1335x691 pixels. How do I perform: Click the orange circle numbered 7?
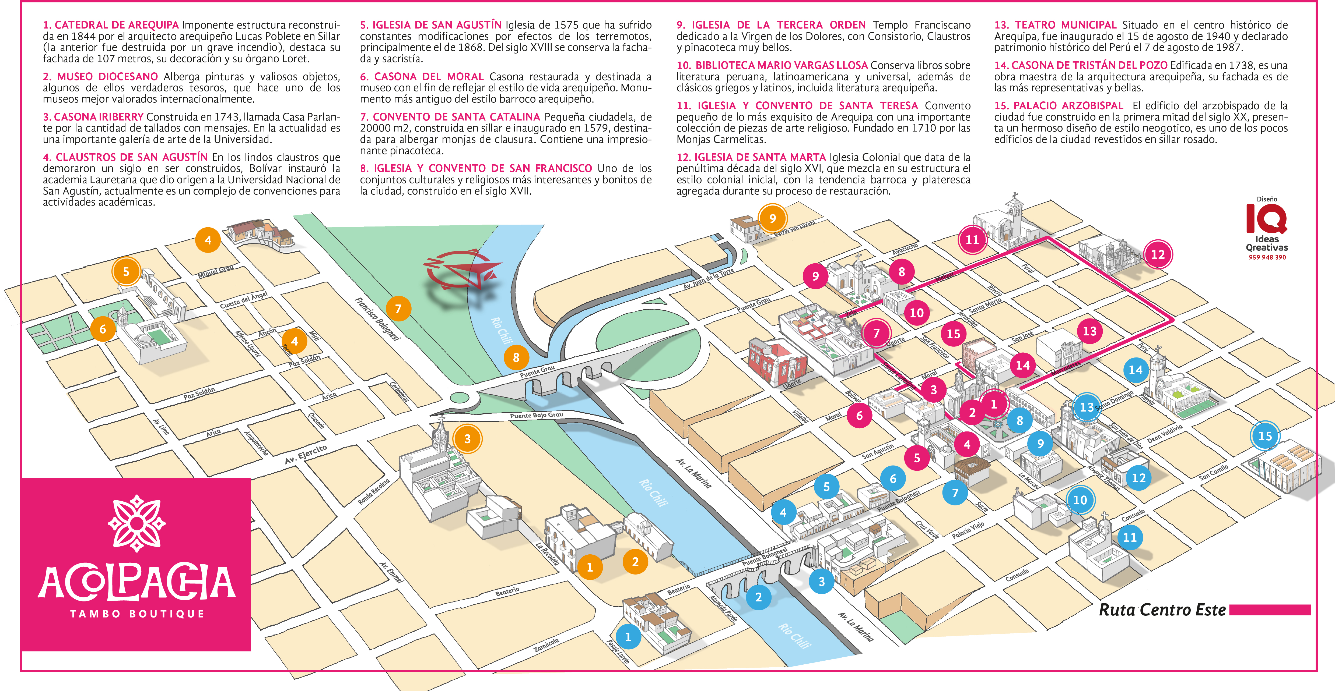pos(398,309)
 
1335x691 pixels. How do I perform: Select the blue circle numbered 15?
pos(1265,436)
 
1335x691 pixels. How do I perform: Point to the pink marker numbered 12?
pos(1158,254)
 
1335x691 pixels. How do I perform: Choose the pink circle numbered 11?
pos(972,240)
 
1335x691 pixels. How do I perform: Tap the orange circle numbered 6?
pos(103,329)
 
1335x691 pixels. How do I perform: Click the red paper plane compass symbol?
pos(461,269)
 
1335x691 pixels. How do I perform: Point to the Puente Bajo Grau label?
pos(536,415)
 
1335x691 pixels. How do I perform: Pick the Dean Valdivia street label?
pos(1165,434)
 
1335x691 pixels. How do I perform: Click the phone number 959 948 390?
pos(1267,257)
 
